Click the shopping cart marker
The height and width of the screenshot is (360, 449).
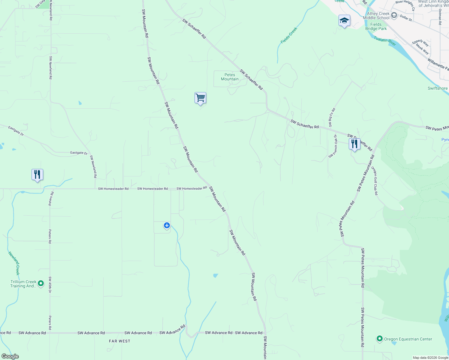coord(200,98)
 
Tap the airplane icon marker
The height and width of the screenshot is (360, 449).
coord(167,225)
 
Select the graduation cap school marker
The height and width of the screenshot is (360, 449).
coord(344,20)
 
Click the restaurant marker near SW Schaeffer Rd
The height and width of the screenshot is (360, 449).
coord(354,144)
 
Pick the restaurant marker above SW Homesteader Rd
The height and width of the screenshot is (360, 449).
coord(37,175)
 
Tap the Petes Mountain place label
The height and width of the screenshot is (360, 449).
coord(230,77)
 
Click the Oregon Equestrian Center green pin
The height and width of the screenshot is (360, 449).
coord(379,339)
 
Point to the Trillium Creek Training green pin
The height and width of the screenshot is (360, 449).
coord(41,283)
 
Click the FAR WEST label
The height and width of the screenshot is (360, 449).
coord(119,341)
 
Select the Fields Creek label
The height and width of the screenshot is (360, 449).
coord(289,35)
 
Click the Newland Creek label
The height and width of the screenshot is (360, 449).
coord(14,263)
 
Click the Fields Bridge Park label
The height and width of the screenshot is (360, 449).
coord(376,27)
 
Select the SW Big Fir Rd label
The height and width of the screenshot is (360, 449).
coord(332,117)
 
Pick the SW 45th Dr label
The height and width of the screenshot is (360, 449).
coord(50,285)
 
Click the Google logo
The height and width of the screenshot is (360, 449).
coord(10,356)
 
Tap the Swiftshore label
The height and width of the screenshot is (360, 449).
coord(437,88)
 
